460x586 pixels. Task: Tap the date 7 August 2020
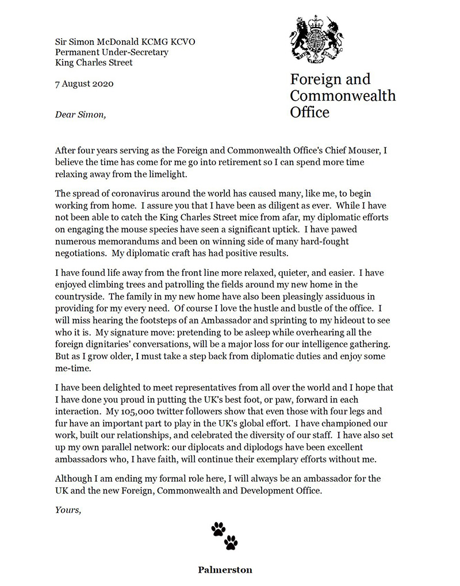tap(84, 83)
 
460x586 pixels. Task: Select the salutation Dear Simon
tap(80, 114)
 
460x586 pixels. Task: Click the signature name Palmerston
tap(225, 570)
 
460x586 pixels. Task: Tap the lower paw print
tap(231, 542)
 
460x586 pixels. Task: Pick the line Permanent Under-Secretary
tap(112, 52)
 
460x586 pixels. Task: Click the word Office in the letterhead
tap(310, 111)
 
